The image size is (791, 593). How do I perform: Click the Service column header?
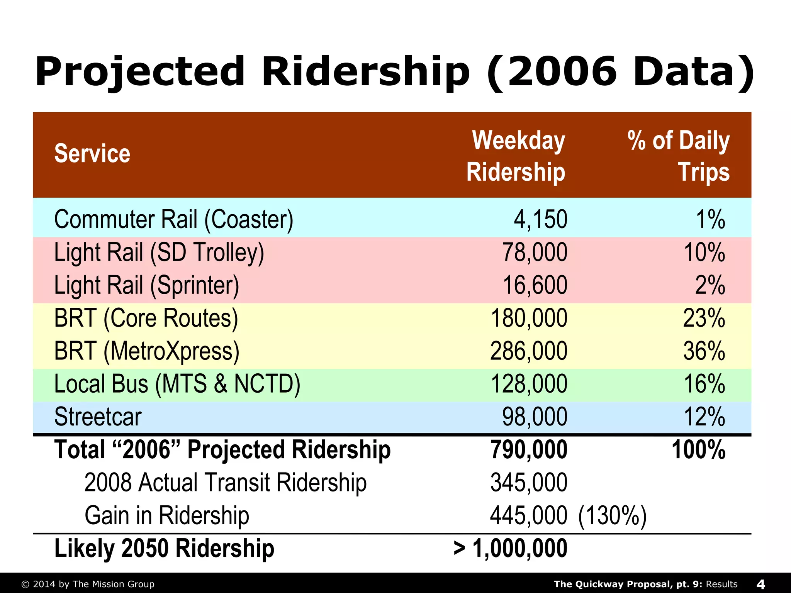click(92, 154)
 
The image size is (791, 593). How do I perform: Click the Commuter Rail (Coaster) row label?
click(174, 219)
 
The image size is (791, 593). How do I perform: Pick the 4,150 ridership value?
click(540, 219)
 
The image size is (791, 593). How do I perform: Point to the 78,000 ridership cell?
click(535, 252)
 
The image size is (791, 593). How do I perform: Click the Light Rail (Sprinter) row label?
click(147, 285)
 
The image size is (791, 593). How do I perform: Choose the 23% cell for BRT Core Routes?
click(704, 318)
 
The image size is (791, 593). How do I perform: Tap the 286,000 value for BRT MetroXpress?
click(529, 351)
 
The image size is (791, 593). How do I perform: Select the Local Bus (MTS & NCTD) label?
click(177, 384)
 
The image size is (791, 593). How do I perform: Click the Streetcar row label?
click(98, 417)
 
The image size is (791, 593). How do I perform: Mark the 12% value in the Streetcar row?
click(704, 417)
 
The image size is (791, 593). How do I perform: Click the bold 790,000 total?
click(529, 450)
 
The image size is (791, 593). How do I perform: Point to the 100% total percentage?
click(699, 450)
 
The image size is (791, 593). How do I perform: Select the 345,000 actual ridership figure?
click(529, 483)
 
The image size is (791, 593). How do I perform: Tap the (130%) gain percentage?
click(612, 516)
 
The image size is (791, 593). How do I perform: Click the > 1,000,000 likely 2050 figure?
click(511, 549)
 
